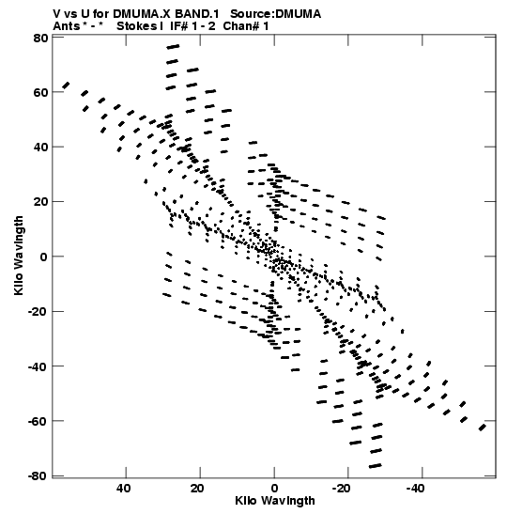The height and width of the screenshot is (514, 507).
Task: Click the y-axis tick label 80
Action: pos(40,38)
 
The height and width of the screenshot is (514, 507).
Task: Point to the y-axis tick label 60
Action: pos(40,93)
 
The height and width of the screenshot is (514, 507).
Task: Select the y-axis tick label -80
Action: pos(38,476)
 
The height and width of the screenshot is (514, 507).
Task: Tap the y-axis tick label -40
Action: pos(38,366)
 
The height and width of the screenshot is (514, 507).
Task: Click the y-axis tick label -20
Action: pos(38,312)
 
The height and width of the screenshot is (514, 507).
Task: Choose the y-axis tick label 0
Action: pos(44,257)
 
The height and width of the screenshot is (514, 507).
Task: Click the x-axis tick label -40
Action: pos(415,489)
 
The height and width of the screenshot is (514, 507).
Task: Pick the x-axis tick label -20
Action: pos(342,489)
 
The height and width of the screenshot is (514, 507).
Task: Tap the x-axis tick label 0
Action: pos(274,489)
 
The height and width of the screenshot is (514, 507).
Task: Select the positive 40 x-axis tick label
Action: pos(124,489)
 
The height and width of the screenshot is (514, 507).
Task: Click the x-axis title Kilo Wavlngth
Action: pos(275,501)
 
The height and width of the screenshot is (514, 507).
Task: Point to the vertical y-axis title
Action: pos(19,256)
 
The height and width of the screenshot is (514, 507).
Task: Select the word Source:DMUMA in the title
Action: pos(275,14)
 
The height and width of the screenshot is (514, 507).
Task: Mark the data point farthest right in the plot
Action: pos(482,428)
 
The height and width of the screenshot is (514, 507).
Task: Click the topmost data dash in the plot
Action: pos(173,47)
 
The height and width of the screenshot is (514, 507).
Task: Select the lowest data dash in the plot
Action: pos(375,466)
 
